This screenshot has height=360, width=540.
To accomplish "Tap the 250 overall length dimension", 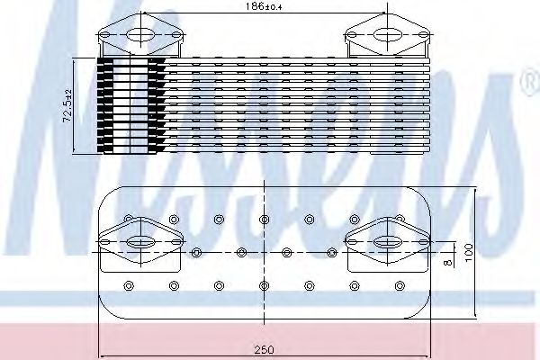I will pos(263,347).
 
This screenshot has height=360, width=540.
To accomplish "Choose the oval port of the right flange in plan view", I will pos(387,241).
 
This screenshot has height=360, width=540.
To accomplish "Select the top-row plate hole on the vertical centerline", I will pos(263,219).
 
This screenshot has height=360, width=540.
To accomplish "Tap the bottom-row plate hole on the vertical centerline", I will pos(263,285).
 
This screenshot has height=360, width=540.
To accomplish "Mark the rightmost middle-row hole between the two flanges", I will pos(329,252).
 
